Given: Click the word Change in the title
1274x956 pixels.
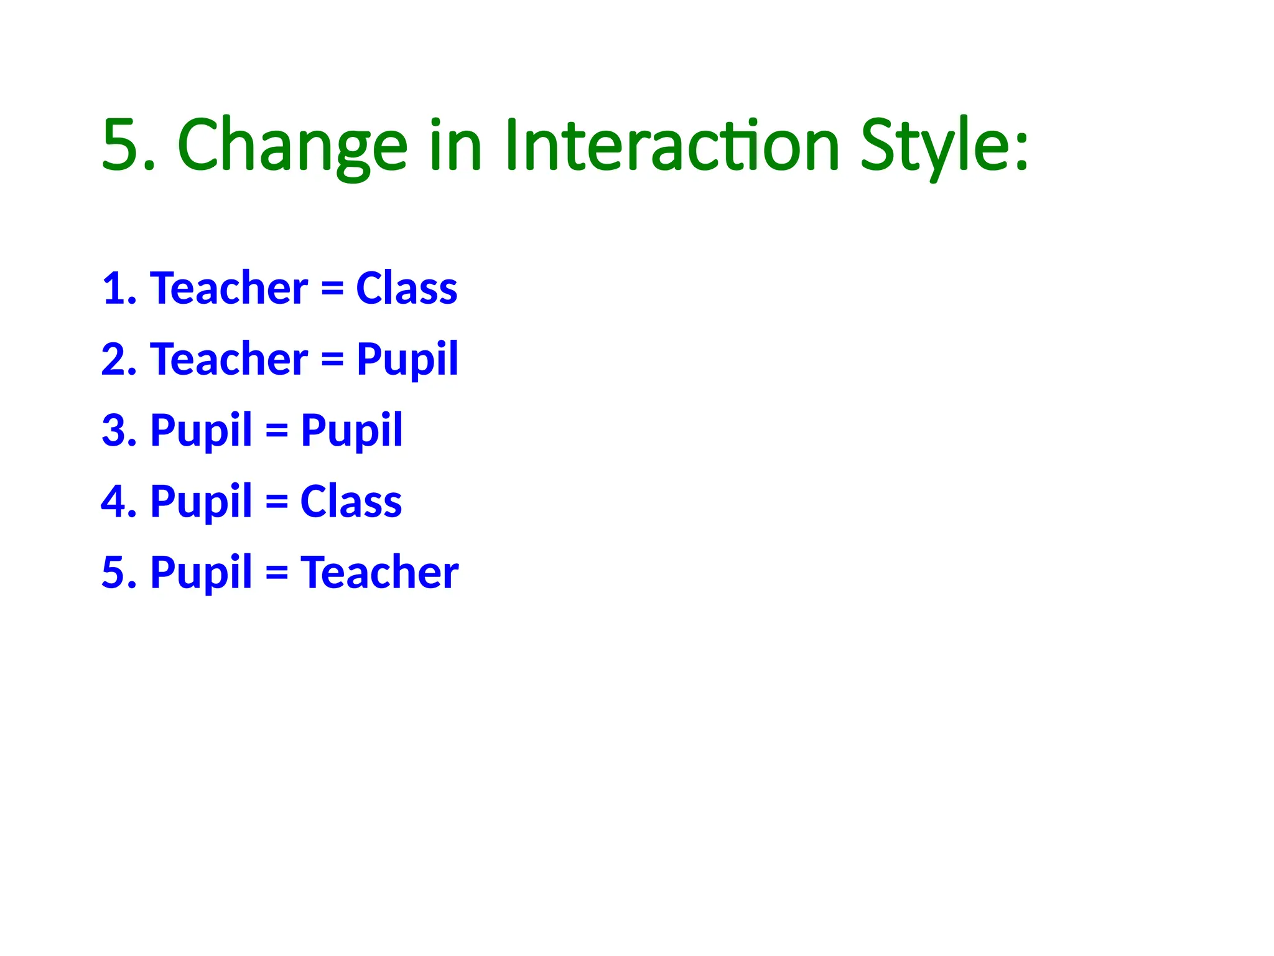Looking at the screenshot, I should coord(292,146).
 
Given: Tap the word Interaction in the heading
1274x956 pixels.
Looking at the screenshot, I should coord(672,146).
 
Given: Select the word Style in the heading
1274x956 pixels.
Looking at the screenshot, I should coord(933,146).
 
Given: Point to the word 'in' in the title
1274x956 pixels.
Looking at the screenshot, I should coord(455,146).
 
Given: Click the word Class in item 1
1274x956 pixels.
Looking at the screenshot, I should coord(406,289).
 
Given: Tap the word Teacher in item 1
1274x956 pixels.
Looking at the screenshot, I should coord(228,289).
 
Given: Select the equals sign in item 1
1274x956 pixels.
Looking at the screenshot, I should coord(332,290).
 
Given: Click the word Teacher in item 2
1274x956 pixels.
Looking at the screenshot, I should coord(228,360).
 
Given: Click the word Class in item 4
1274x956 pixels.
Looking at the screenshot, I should coord(351,502).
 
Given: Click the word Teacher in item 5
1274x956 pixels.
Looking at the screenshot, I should coord(379,573).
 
